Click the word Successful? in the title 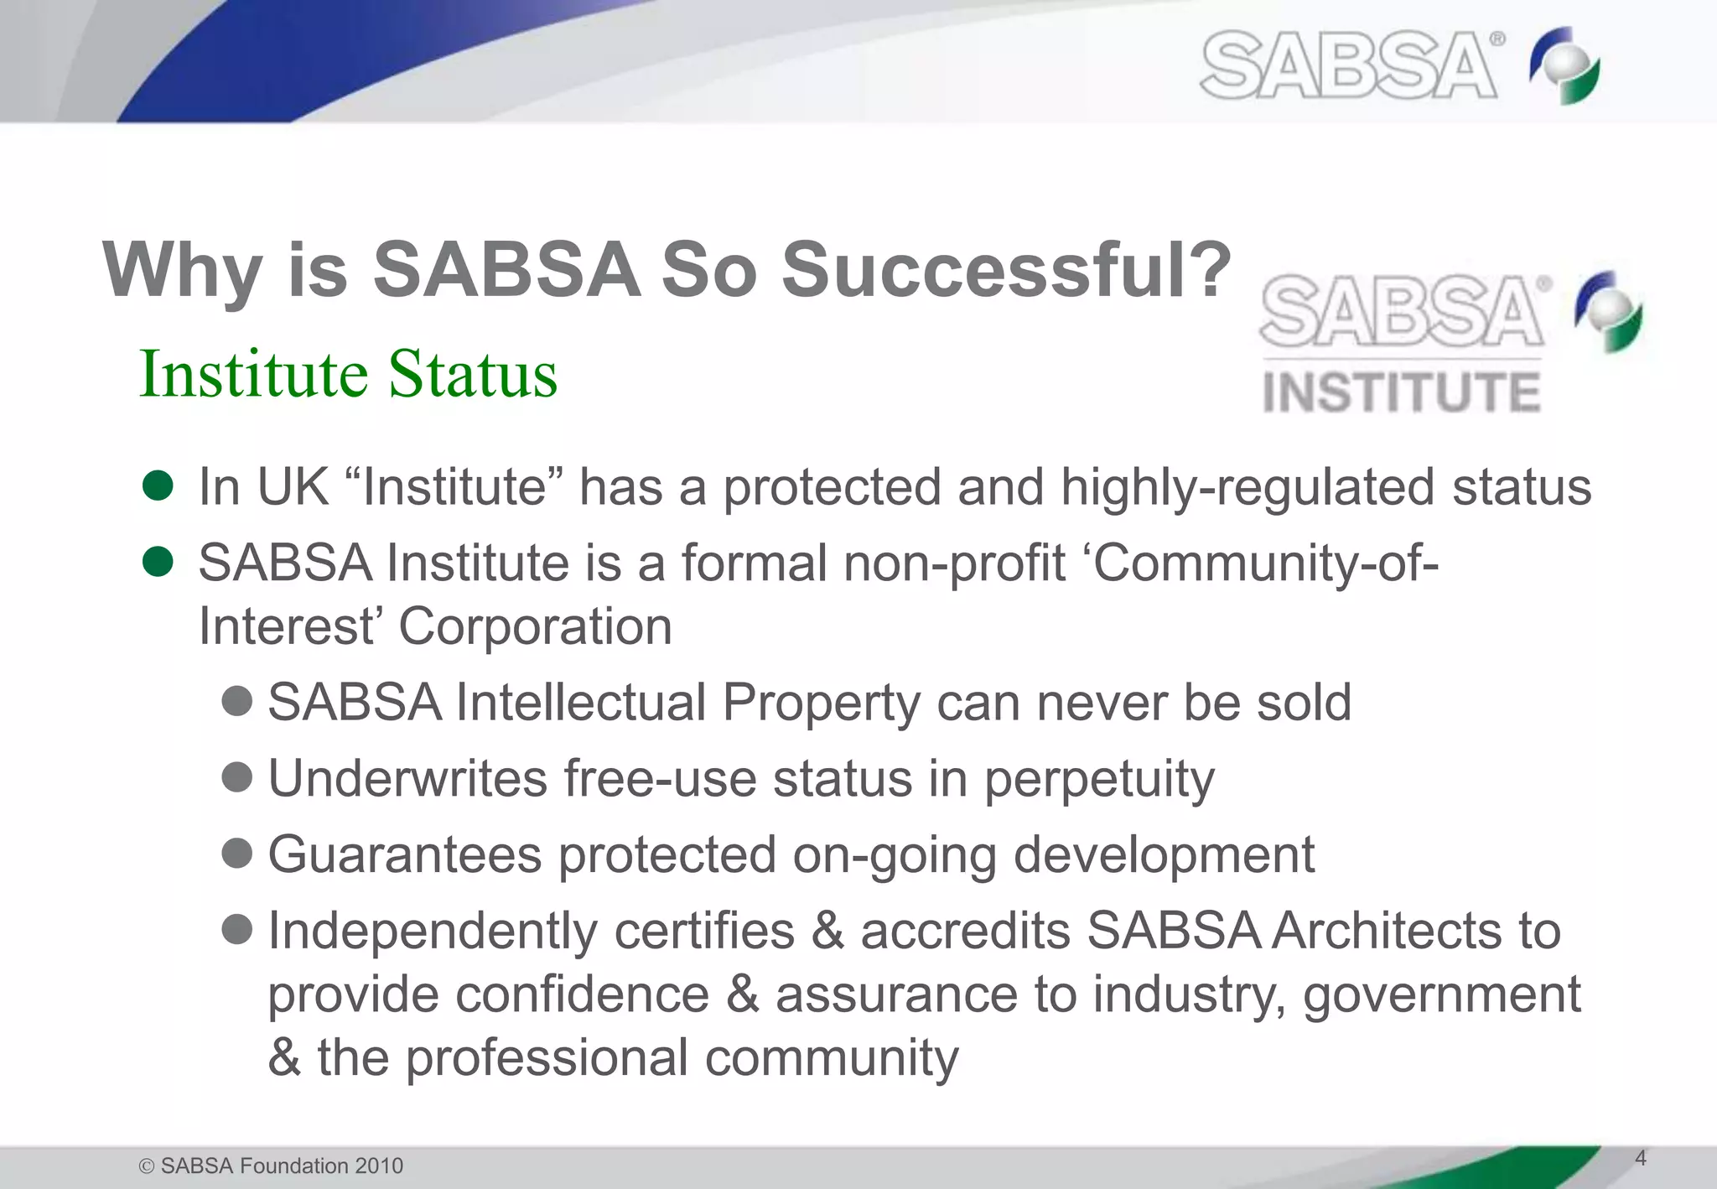click(1006, 270)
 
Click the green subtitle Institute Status click(348, 374)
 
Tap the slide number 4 click(1641, 1158)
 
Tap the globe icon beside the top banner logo click(1564, 65)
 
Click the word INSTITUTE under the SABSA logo click(1401, 392)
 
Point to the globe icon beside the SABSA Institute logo click(1608, 311)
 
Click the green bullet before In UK click(158, 485)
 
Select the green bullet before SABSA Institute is click(158, 562)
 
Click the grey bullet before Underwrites click(237, 777)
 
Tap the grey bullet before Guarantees click(237, 854)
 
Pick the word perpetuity click(1098, 780)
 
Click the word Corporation click(535, 626)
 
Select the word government click(1442, 995)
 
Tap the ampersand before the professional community click(284, 1058)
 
